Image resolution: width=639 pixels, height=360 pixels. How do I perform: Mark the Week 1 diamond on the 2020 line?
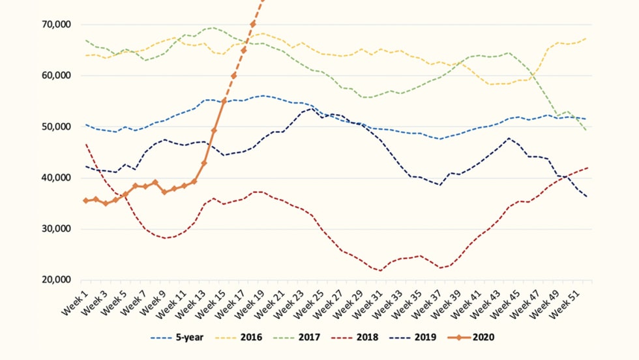pyautogui.click(x=86, y=201)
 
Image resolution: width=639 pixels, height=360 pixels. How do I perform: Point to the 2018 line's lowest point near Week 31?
pyautogui.click(x=380, y=270)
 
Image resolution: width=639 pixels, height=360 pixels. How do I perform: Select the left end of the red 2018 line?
pyautogui.click(x=86, y=145)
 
